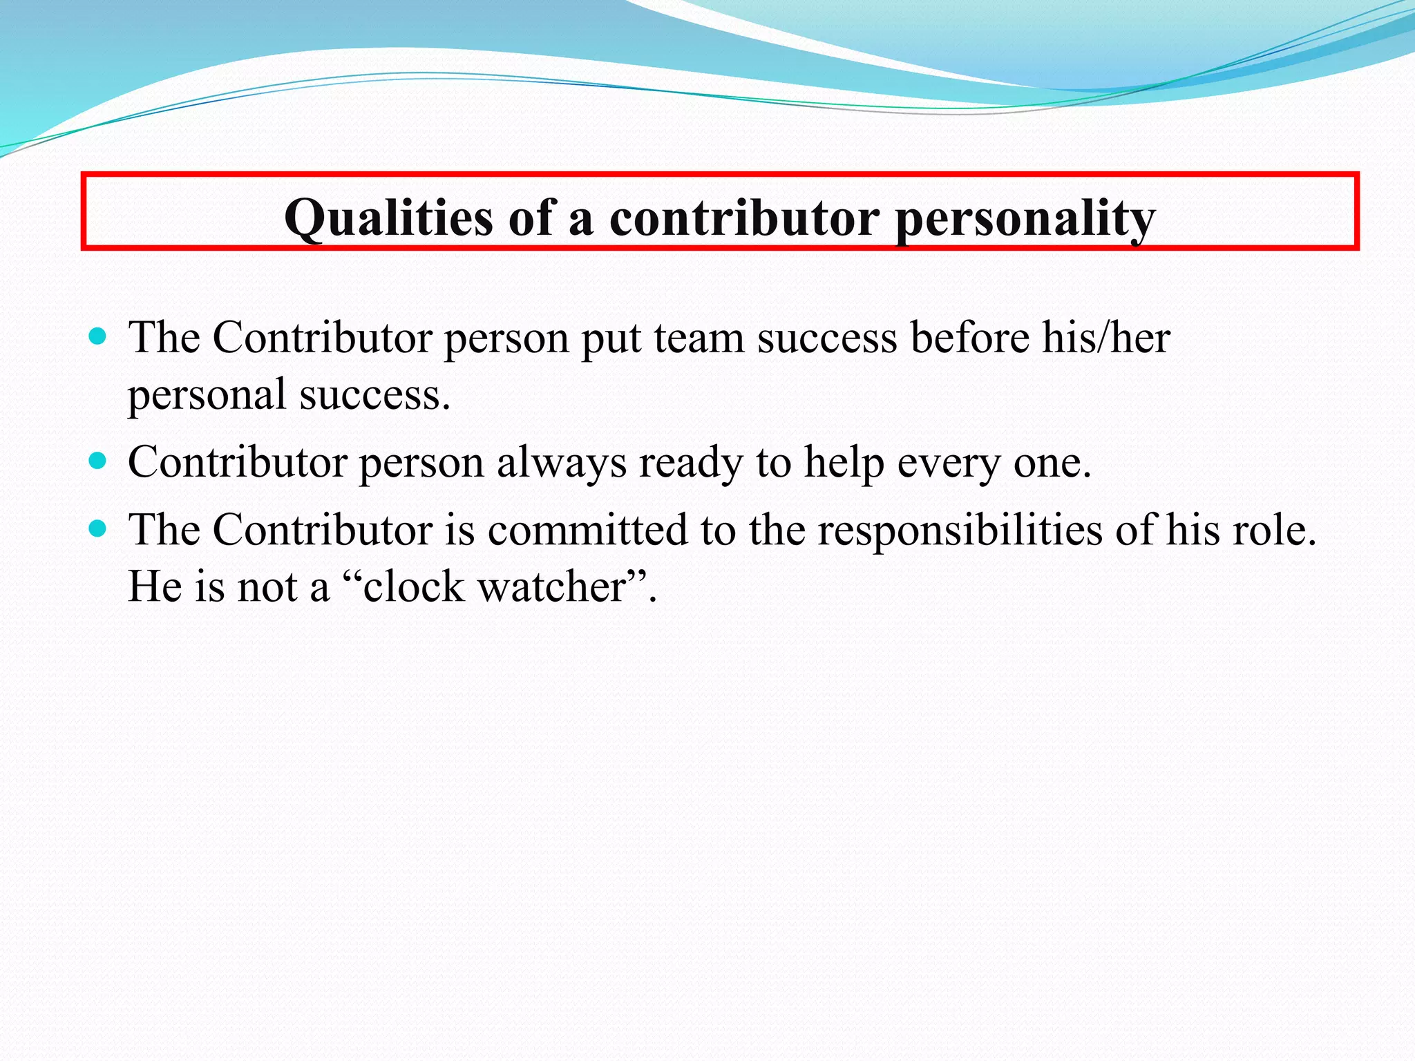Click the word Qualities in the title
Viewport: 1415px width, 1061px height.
point(388,218)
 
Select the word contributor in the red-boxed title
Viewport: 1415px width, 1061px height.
point(744,218)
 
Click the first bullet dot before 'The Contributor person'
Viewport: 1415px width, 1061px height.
point(98,337)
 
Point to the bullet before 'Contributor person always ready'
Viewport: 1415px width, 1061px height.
point(98,461)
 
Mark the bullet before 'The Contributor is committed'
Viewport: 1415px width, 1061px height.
point(98,529)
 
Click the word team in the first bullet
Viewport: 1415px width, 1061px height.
point(699,338)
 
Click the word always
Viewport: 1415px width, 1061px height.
point(561,462)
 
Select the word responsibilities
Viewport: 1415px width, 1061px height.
point(960,530)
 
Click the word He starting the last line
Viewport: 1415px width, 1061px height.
point(155,587)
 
